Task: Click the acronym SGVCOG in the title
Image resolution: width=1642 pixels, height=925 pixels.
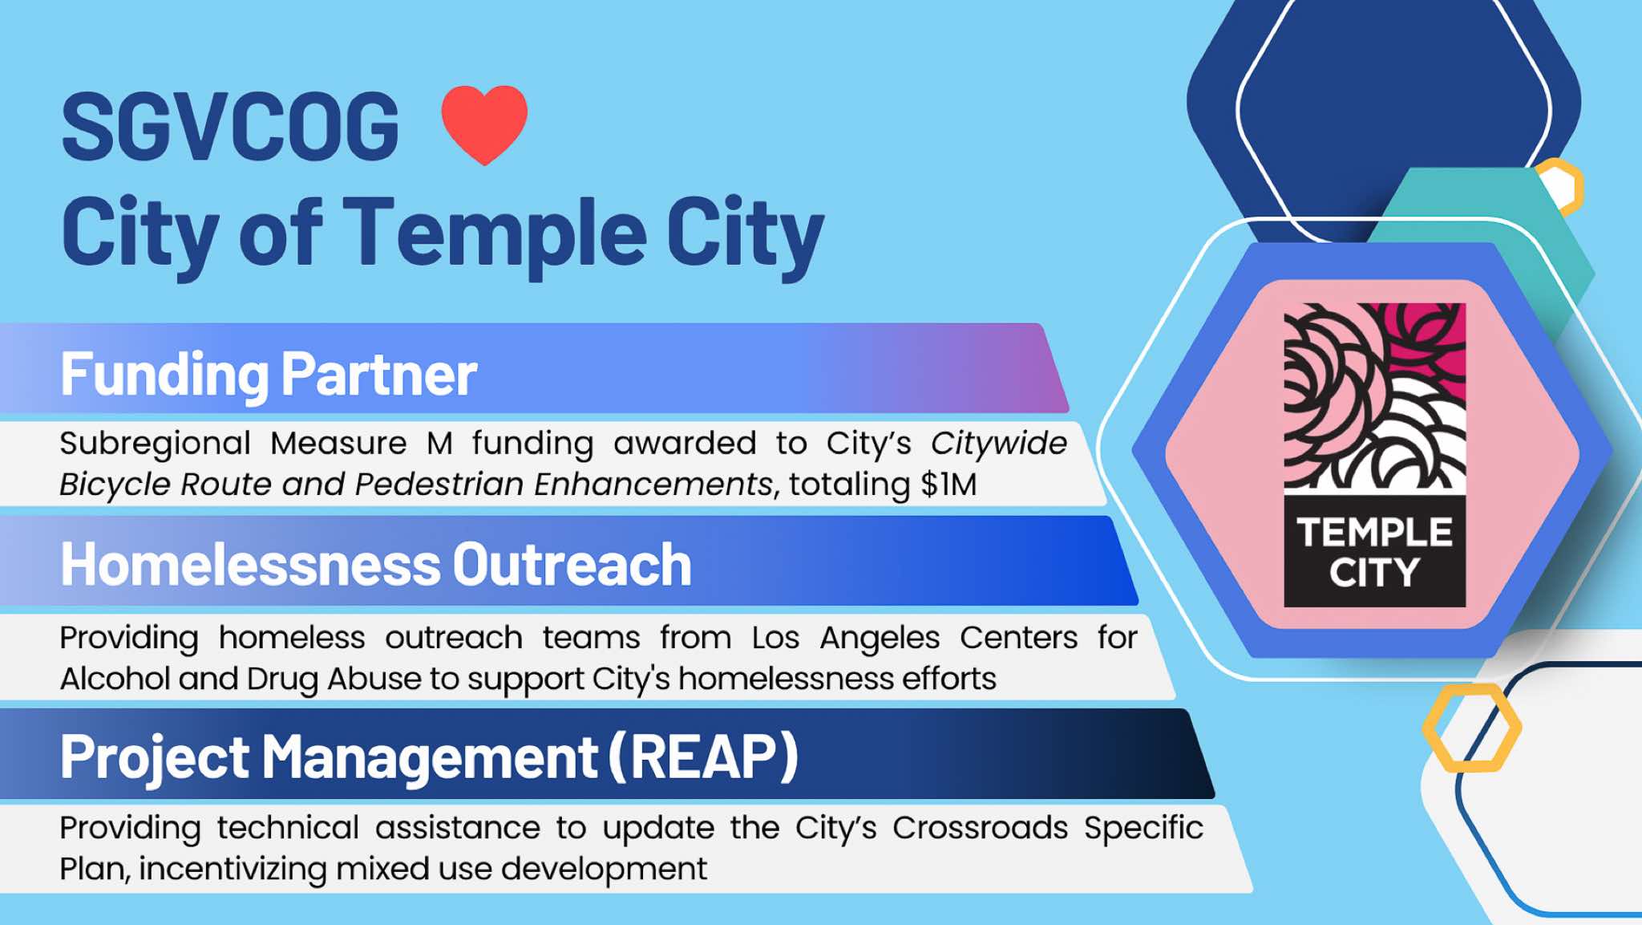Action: tap(230, 127)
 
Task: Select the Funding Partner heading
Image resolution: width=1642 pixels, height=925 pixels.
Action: tap(269, 375)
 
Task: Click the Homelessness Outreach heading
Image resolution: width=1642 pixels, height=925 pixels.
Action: tap(376, 565)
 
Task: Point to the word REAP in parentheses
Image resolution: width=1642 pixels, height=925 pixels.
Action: tap(703, 757)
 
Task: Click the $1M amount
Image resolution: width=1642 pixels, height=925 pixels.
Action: tap(948, 485)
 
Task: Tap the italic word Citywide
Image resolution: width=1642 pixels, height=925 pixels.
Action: tap(999, 444)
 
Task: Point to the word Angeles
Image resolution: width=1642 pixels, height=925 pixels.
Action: tap(880, 639)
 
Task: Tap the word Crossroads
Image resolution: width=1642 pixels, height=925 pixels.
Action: tap(981, 828)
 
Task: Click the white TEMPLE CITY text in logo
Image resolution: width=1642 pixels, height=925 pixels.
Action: tap(1374, 553)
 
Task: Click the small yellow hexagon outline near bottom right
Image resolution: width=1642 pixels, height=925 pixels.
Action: tap(1472, 728)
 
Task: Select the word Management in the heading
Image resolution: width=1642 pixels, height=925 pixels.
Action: tap(430, 758)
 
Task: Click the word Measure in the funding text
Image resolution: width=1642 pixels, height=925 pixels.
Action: tap(338, 444)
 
